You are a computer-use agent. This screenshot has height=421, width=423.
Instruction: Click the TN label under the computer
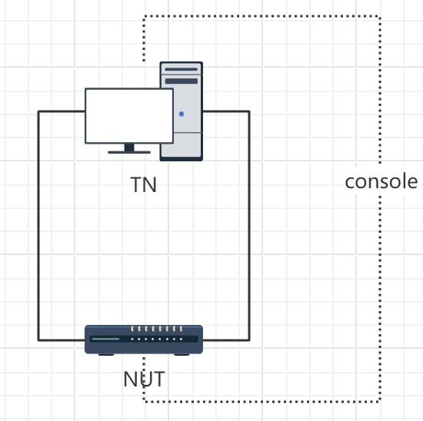coord(144,185)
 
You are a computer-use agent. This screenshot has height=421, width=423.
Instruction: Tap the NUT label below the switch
coord(144,379)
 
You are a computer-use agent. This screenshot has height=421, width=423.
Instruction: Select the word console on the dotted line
coord(381,182)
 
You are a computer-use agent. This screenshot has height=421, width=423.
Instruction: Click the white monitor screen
coord(128,115)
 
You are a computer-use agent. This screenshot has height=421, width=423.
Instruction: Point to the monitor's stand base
coord(128,151)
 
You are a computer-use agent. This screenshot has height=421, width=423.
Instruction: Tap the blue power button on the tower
coord(182,114)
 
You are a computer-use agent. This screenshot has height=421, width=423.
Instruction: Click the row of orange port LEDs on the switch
coord(156,329)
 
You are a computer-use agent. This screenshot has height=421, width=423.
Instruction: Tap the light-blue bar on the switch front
coord(105,339)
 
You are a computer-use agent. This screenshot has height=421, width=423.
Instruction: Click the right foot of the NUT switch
coord(183,353)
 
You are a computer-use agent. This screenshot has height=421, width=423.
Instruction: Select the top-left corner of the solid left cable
coord(38,111)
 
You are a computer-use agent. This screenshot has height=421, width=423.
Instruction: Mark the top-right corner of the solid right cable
coord(249,111)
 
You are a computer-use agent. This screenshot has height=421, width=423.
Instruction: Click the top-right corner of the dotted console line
coord(380,15)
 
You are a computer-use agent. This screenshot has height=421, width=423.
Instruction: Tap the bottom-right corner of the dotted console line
coord(380,401)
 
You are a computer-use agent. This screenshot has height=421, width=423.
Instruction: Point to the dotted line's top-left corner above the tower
coord(144,15)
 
